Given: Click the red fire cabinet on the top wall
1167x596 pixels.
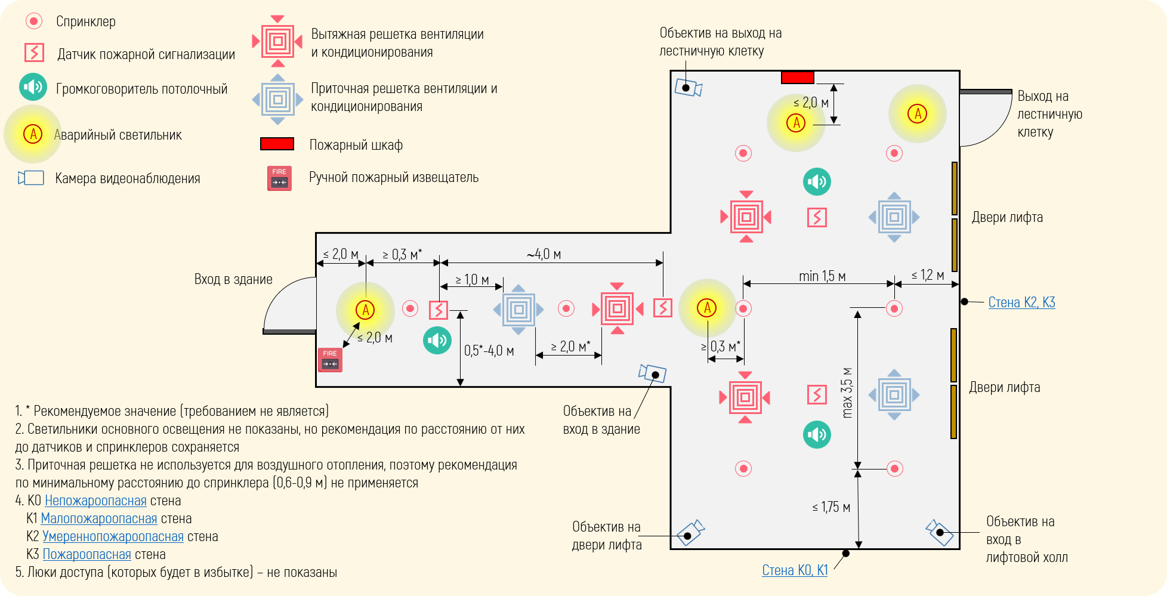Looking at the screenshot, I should (798, 78).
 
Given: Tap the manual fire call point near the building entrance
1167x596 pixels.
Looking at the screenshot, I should (330, 360).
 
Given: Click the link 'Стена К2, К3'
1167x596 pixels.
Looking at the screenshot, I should (1021, 302).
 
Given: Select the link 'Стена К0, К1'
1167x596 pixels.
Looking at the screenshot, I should (795, 570).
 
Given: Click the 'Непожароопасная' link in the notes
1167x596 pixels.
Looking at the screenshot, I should (95, 501).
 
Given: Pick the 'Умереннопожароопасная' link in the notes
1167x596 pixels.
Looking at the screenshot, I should (113, 536).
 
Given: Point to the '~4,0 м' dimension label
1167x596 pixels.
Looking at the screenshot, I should (544, 254).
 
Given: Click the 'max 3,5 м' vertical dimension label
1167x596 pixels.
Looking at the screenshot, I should (847, 393).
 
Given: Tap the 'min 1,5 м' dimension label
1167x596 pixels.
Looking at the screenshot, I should (822, 276).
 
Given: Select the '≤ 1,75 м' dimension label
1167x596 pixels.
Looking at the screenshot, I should (831, 507).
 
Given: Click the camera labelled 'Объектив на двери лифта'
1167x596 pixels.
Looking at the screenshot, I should (690, 532).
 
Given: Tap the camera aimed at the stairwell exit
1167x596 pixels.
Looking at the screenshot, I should (689, 88).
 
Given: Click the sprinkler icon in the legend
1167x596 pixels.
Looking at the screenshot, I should (33, 21).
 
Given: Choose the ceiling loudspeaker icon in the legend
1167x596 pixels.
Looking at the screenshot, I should (33, 87).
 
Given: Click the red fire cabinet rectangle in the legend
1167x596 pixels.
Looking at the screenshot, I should (277, 144).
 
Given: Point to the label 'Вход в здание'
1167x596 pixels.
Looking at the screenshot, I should (233, 279).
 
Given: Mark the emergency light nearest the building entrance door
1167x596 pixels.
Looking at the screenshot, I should (365, 310).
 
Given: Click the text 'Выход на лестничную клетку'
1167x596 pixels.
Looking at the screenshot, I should (1049, 114).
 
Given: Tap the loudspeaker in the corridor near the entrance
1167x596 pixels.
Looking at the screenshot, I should (437, 340).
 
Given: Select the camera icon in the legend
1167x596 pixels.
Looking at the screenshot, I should (32, 178).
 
